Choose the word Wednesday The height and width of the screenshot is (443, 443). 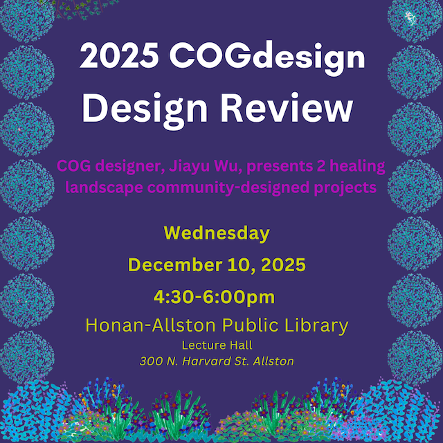[217, 233]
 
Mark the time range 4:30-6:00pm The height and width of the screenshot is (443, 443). [215, 297]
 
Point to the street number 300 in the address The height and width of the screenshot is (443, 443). [150, 361]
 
